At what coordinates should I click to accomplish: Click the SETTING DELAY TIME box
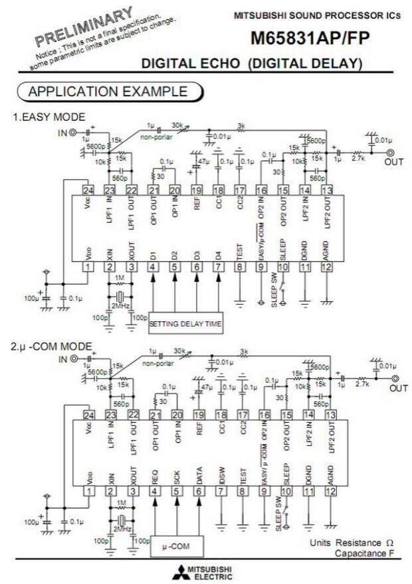click(x=185, y=324)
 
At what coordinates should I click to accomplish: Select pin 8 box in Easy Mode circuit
click(x=240, y=267)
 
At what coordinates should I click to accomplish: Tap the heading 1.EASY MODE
click(x=49, y=117)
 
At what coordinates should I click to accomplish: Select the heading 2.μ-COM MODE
click(x=52, y=346)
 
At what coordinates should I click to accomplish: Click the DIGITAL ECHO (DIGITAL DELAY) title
click(x=253, y=64)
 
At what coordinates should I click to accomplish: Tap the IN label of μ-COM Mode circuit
click(x=64, y=359)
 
